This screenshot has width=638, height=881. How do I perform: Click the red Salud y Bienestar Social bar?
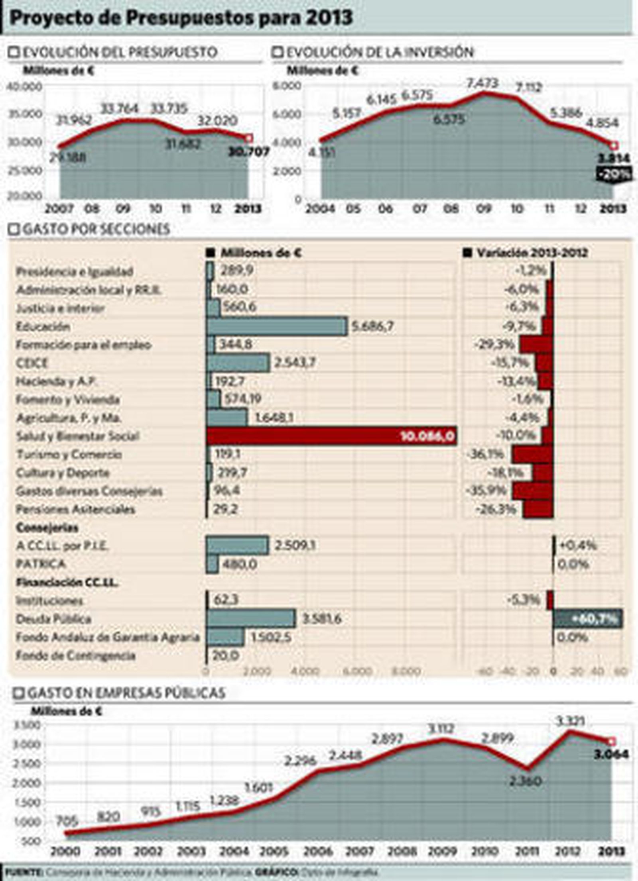(x=331, y=436)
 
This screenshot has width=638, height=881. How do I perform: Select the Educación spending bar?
(x=277, y=326)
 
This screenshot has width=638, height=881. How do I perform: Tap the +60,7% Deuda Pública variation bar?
(x=587, y=619)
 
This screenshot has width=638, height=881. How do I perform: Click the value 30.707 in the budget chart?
(x=249, y=152)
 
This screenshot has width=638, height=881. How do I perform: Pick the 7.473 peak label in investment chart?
(x=482, y=83)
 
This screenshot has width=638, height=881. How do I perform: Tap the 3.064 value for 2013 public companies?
(x=610, y=754)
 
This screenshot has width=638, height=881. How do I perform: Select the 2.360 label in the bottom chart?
(x=526, y=781)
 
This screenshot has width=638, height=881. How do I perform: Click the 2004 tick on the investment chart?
(x=320, y=209)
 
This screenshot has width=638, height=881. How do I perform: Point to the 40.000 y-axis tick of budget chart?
(x=25, y=86)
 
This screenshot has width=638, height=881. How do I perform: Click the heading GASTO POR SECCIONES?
(x=96, y=229)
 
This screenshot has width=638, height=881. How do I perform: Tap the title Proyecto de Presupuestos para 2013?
(x=181, y=18)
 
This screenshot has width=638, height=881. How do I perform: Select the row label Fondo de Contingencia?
(x=76, y=655)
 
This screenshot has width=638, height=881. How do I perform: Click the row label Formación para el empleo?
(x=84, y=345)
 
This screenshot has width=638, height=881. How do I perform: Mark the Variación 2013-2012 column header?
(x=532, y=253)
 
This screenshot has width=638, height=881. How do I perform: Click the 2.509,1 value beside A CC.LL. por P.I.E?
(x=295, y=545)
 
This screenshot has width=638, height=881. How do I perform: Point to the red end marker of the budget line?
(x=249, y=138)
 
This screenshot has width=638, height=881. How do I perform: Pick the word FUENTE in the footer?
(x=23, y=873)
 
